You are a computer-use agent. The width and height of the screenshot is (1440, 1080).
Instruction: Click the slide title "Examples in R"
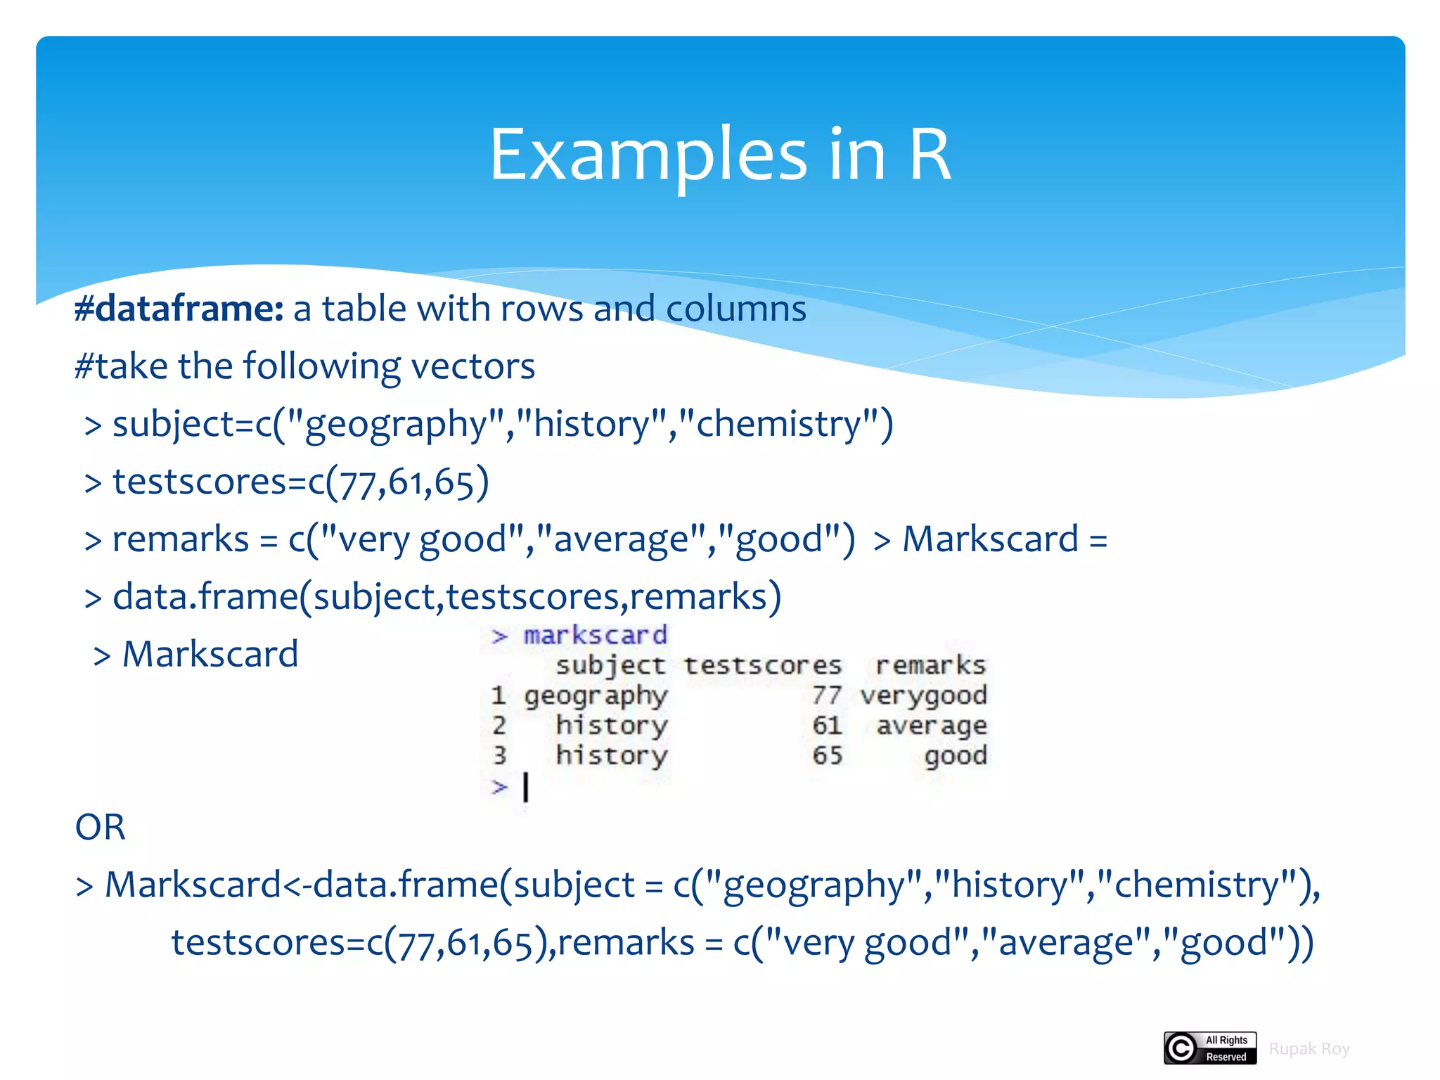720,155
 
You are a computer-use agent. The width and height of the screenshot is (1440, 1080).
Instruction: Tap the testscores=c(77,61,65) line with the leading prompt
287,483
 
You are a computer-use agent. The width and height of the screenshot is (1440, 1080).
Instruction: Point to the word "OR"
100,828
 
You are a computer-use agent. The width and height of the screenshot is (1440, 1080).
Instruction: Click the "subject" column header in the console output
610,666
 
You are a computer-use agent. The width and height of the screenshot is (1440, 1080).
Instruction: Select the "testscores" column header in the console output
763,666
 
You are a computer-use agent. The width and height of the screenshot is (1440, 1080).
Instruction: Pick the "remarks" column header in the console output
930,666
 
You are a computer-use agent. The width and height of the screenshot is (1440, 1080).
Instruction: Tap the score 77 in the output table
827,696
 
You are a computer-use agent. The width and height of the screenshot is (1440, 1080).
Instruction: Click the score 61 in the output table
827,726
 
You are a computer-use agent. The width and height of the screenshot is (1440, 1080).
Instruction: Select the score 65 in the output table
827,756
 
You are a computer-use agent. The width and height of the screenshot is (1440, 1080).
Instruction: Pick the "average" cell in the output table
932,726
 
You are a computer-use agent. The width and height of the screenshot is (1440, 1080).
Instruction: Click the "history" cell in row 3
611,756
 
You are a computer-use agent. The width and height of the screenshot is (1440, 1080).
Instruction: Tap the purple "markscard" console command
595,636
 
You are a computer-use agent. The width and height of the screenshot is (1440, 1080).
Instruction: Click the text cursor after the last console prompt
526,787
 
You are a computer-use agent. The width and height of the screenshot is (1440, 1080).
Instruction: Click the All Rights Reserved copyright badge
1210,1048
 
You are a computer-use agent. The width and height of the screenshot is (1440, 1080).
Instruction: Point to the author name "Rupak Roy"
1309,1049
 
